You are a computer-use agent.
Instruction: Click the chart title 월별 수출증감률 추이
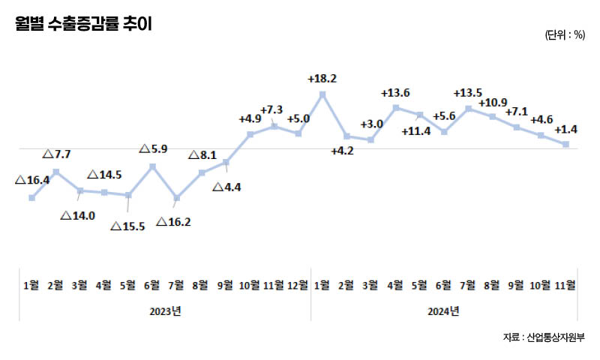click(x=82, y=25)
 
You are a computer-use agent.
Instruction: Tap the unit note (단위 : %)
click(x=565, y=34)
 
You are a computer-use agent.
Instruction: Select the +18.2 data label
click(x=322, y=78)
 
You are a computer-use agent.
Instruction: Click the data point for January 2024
click(x=322, y=94)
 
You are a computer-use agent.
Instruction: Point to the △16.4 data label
click(x=33, y=180)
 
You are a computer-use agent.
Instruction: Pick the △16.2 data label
click(x=174, y=222)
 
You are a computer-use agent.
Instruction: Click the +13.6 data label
click(x=395, y=93)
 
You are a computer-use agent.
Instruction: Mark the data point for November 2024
click(x=566, y=144)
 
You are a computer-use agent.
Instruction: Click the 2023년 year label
click(x=165, y=310)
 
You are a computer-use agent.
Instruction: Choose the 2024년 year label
click(x=445, y=310)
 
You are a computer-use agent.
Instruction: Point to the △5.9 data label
click(x=154, y=148)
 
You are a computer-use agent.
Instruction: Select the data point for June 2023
click(x=153, y=166)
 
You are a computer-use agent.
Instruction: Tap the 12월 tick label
click(x=298, y=285)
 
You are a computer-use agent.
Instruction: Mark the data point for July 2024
click(x=469, y=109)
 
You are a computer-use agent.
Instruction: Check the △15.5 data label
click(x=127, y=226)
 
